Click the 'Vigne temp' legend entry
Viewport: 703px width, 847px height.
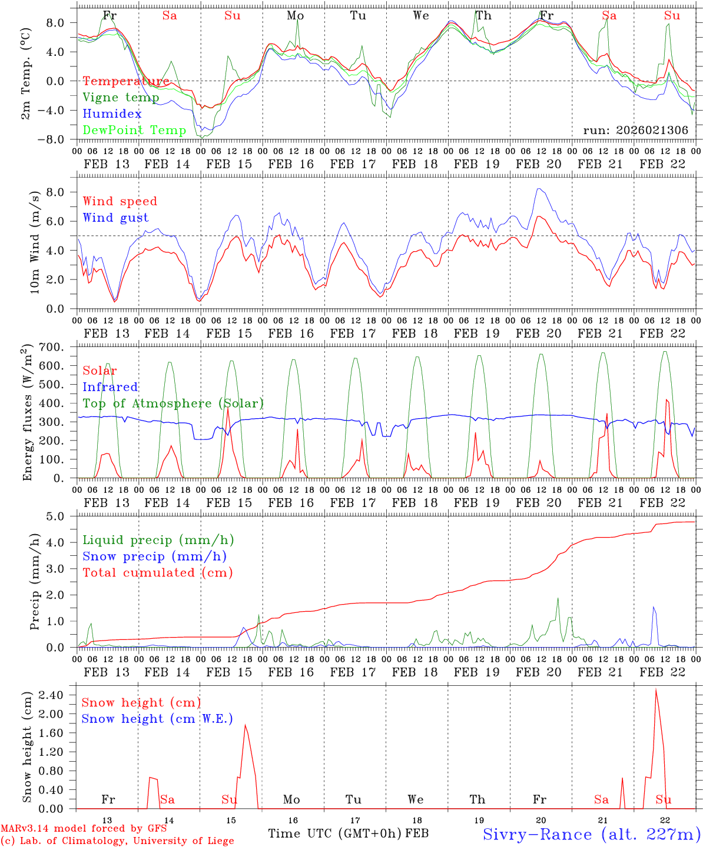pyautogui.click(x=121, y=98)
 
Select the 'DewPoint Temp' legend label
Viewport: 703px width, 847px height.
pyautogui.click(x=134, y=131)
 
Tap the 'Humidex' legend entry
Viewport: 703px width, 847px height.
pyautogui.click(x=112, y=114)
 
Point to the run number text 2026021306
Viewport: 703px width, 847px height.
pyautogui.click(x=635, y=131)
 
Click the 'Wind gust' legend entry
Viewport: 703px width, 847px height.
pyautogui.click(x=115, y=218)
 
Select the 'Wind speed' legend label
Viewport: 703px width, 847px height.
pyautogui.click(x=120, y=202)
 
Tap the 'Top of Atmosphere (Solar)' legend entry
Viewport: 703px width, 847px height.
pyautogui.click(x=173, y=404)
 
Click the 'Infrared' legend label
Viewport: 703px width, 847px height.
pyautogui.click(x=110, y=387)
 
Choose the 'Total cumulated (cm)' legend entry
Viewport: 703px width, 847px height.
pyautogui.click(x=157, y=572)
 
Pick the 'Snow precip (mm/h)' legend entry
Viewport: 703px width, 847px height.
pyautogui.click(x=154, y=556)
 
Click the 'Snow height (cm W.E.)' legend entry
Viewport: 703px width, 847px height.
pyautogui.click(x=157, y=719)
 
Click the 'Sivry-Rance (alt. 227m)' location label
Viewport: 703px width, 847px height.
pyautogui.click(x=591, y=834)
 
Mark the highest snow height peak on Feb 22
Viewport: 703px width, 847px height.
pyautogui.click(x=656, y=689)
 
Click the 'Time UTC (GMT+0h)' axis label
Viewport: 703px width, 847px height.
pyautogui.click(x=335, y=833)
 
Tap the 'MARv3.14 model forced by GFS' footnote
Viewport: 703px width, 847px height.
pyautogui.click(x=84, y=829)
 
